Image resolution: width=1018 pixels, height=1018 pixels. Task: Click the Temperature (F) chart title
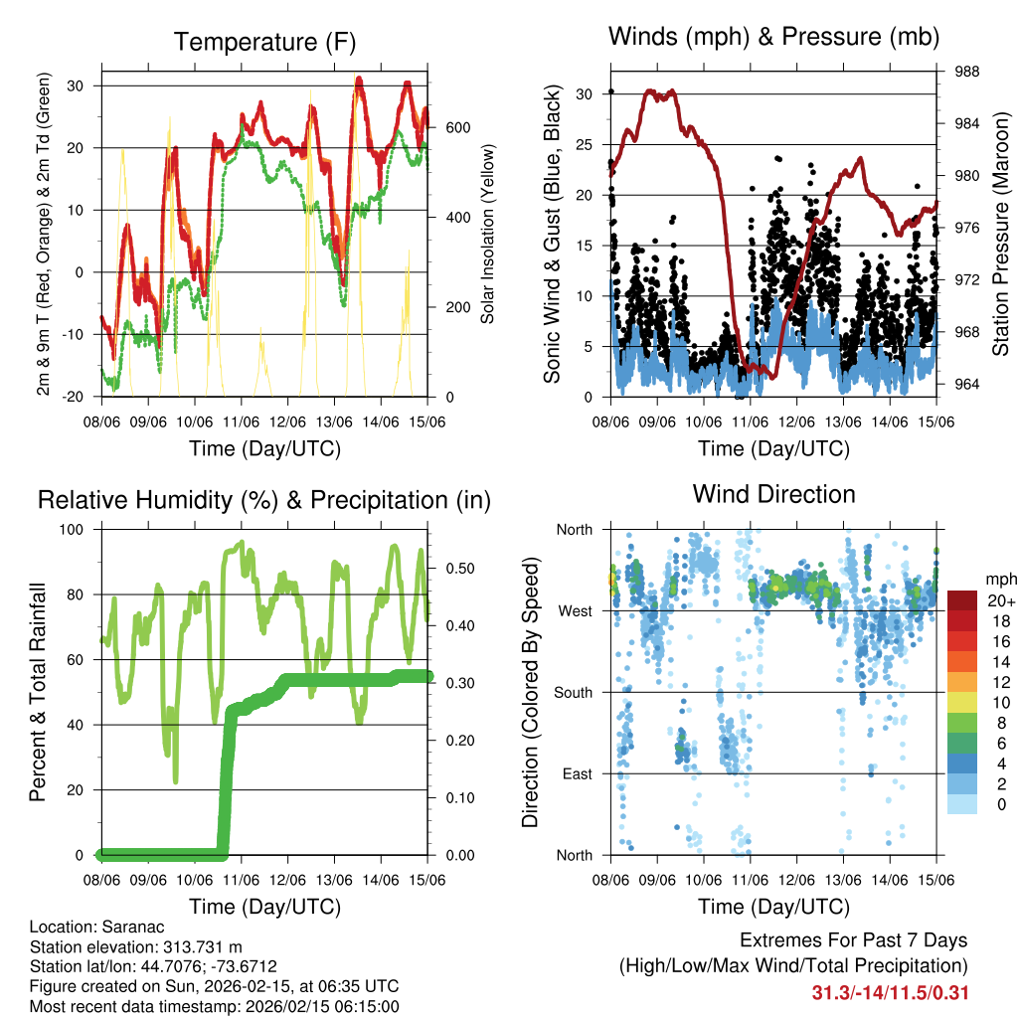tap(264, 42)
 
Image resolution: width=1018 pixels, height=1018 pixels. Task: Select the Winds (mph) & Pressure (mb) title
tap(773, 37)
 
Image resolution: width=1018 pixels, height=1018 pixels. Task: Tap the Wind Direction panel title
tap(773, 493)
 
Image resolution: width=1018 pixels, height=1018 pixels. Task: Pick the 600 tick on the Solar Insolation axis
tap(457, 127)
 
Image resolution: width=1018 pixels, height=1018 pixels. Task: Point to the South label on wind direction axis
tap(574, 692)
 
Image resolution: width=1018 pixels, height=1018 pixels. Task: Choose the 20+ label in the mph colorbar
tap(1000, 600)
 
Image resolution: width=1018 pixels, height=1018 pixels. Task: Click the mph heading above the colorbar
tap(999, 578)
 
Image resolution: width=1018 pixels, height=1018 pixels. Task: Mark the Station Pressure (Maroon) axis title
tap(1001, 234)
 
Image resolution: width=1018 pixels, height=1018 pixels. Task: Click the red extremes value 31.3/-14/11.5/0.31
tap(891, 992)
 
